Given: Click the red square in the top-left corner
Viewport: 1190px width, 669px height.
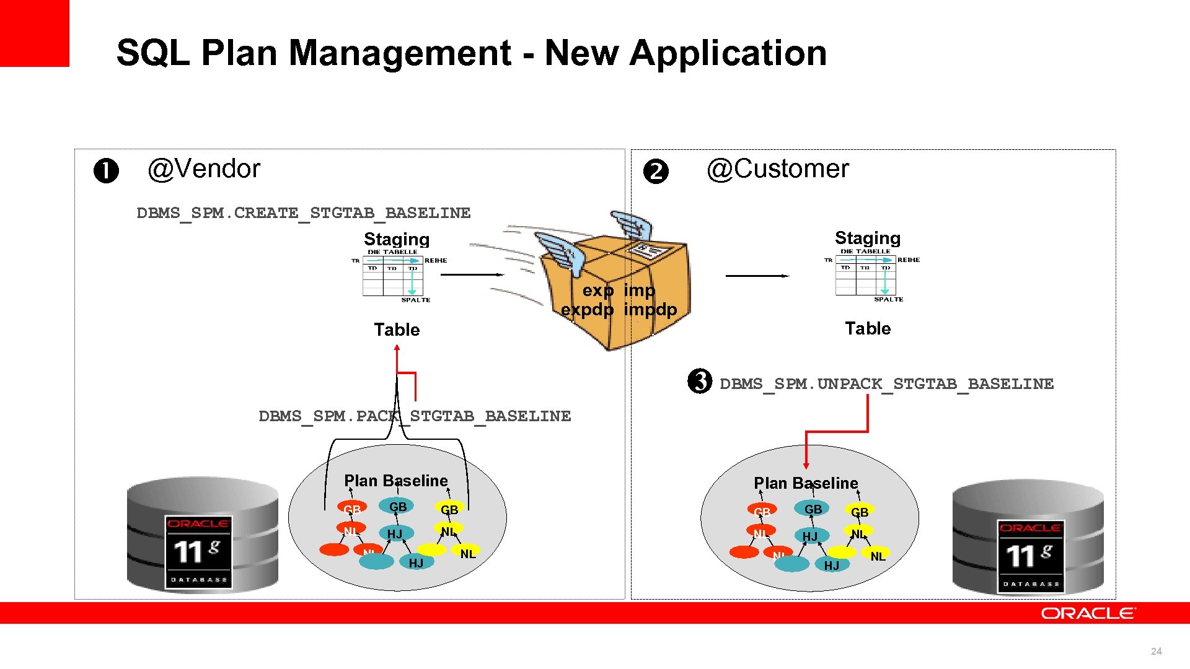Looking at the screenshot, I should click(34, 33).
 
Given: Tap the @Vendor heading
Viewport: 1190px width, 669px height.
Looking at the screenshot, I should click(204, 169).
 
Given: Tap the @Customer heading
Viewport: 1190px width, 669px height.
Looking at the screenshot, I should click(778, 169).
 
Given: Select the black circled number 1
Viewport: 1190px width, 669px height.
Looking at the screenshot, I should click(106, 172).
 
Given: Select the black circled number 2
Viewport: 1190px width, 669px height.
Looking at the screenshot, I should click(656, 172).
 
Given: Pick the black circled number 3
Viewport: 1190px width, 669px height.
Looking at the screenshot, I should click(700, 382).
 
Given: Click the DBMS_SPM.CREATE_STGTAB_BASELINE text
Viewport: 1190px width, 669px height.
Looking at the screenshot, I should click(304, 213).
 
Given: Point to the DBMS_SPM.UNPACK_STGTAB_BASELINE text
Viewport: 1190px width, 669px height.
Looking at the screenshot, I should click(886, 384).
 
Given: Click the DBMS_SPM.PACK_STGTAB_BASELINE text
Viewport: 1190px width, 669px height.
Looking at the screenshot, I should click(415, 416).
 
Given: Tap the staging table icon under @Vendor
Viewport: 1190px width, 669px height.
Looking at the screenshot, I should click(394, 276).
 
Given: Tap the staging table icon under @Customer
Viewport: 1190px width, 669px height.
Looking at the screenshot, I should click(866, 275).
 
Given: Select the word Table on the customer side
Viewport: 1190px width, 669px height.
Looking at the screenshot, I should click(868, 329).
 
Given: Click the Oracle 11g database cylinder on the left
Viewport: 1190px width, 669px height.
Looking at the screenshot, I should click(203, 535).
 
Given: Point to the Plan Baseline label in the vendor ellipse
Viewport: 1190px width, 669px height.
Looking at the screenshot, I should click(395, 481).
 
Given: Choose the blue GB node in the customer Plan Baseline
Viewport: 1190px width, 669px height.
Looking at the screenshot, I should click(813, 509).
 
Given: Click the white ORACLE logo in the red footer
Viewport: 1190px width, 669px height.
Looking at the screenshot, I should click(1088, 613).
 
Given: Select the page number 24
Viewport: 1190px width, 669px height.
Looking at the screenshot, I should click(1156, 651).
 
